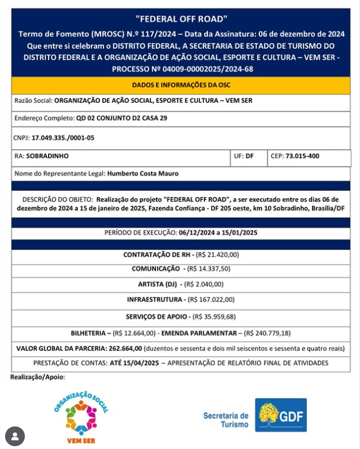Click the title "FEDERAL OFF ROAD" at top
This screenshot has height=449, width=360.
pos(180,19)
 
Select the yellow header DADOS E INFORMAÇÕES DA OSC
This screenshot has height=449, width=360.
pos(181,85)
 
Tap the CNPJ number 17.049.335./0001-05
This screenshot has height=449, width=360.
pos(63,137)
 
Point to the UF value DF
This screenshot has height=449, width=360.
pos(249,155)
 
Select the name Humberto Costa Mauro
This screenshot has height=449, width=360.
pos(142,173)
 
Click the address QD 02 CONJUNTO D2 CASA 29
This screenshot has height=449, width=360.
pos(122,119)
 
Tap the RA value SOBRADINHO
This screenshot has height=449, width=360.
pos(48,155)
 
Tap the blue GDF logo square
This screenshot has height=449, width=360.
pos(281,415)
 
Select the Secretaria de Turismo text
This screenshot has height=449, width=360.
pos(225,419)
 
